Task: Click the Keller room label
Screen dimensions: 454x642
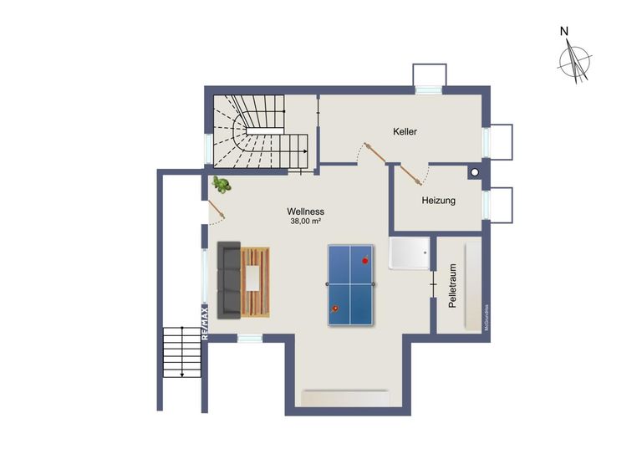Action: [x=405, y=132]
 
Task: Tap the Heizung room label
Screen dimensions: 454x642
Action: [x=438, y=201]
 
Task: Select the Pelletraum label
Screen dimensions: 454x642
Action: [x=452, y=287]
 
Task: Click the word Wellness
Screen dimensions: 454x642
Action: [x=306, y=212]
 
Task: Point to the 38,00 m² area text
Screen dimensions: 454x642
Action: [x=306, y=222]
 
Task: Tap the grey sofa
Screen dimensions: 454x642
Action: [x=228, y=280]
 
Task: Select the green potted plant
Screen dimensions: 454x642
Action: [x=222, y=184]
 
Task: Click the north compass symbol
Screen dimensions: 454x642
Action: [x=575, y=62]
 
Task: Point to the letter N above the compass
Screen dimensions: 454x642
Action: [x=565, y=32]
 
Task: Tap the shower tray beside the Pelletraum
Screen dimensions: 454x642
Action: [x=410, y=253]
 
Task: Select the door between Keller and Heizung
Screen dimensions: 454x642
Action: [x=411, y=173]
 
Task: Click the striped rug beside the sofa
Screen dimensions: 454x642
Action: [x=257, y=282]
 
